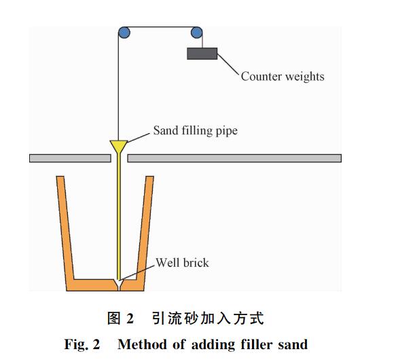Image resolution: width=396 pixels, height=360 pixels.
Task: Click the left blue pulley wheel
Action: click(124, 33)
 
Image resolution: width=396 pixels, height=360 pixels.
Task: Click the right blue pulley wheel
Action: click(196, 33)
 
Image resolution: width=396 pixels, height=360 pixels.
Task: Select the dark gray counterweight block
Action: click(202, 54)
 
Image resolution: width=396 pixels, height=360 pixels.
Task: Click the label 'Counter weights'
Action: click(283, 76)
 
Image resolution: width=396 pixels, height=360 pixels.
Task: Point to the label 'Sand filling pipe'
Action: click(195, 130)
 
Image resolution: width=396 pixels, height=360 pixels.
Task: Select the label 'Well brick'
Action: click(182, 263)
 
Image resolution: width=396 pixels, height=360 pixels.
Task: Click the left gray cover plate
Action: click(70, 158)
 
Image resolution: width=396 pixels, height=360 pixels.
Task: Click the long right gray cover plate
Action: click(234, 158)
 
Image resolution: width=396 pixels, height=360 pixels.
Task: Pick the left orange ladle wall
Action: click(65, 228)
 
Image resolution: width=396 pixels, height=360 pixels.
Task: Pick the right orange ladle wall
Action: click(145, 228)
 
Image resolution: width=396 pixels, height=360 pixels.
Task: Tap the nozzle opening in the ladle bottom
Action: click(118, 285)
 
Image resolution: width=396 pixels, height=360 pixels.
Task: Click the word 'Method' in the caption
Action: click(143, 344)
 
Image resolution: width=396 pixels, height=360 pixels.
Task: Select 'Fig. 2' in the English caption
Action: click(82, 344)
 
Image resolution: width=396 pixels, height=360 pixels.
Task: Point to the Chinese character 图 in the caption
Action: click(113, 318)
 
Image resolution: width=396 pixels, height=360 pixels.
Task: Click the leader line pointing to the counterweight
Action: click(228, 64)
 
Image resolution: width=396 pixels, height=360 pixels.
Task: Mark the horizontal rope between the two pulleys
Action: click(160, 26)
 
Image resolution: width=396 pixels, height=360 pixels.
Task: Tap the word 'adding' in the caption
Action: click(213, 345)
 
